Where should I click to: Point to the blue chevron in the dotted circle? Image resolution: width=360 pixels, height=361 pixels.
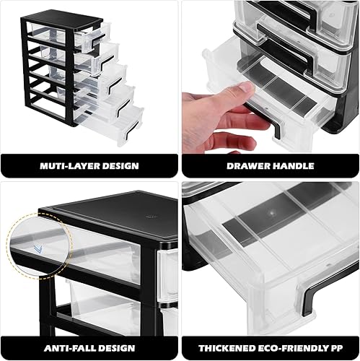(38, 250)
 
